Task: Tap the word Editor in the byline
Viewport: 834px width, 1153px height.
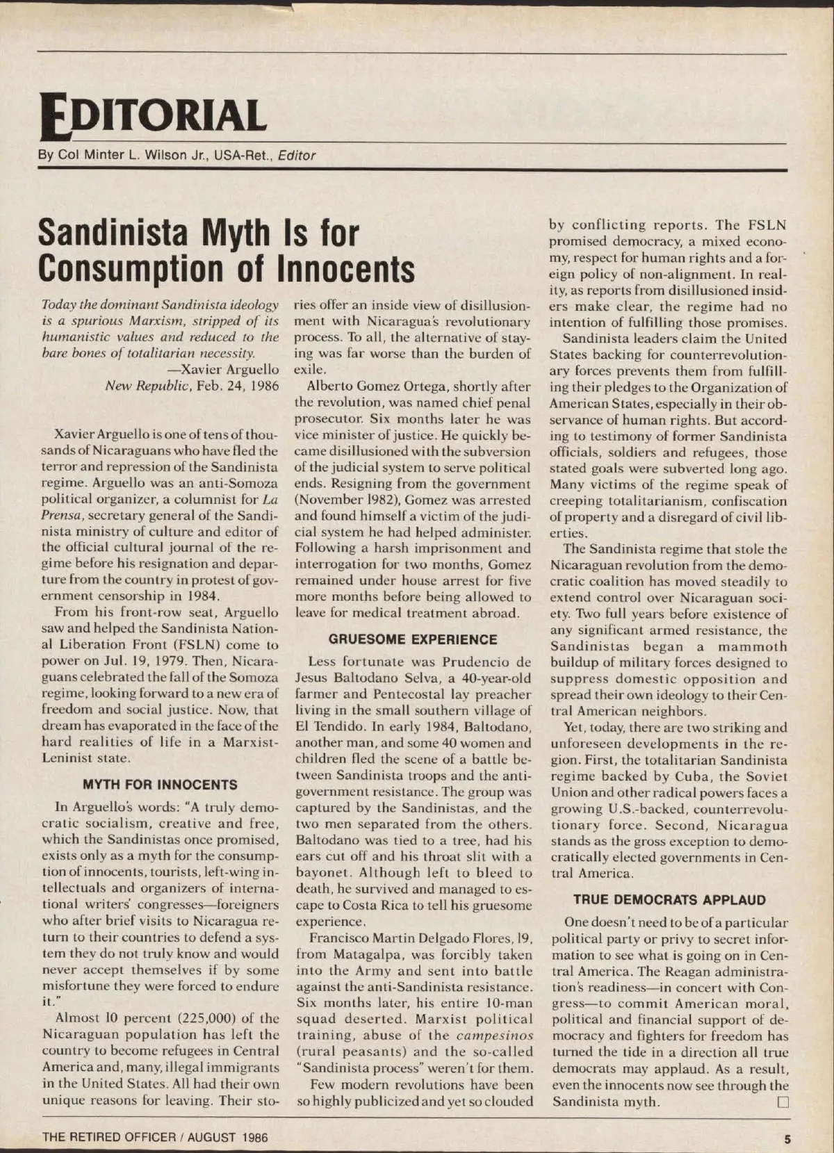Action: click(x=297, y=156)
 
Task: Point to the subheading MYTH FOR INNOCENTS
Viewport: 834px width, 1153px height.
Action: click(x=160, y=785)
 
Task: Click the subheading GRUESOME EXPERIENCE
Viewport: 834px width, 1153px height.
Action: click(x=413, y=639)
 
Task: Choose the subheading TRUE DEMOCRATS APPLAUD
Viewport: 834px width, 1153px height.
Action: click(x=669, y=899)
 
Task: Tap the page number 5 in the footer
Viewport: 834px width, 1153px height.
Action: click(x=787, y=1138)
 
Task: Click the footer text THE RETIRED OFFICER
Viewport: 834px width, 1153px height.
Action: click(x=109, y=1138)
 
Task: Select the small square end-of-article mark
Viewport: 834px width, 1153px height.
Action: click(x=783, y=1102)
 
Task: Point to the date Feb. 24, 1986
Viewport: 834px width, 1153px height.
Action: click(x=236, y=385)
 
